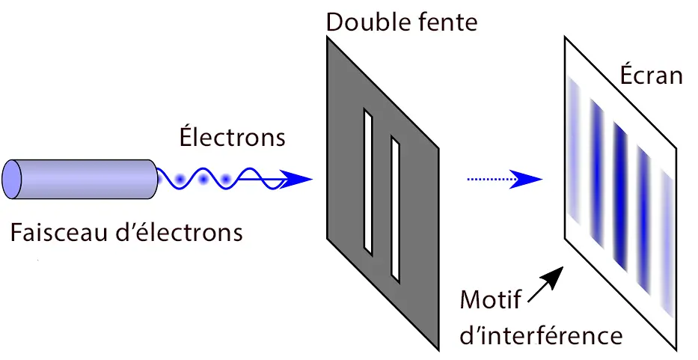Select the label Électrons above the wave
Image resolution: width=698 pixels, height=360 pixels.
point(232,138)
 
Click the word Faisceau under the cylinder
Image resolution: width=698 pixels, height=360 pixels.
point(63,233)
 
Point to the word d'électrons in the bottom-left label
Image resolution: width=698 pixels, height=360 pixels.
point(184,233)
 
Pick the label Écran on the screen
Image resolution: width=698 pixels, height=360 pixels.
point(651,76)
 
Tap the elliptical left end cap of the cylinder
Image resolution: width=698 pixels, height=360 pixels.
point(12,180)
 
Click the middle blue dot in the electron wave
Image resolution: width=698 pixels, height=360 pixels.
point(203,180)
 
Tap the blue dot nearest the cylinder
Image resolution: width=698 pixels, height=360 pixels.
point(180,180)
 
